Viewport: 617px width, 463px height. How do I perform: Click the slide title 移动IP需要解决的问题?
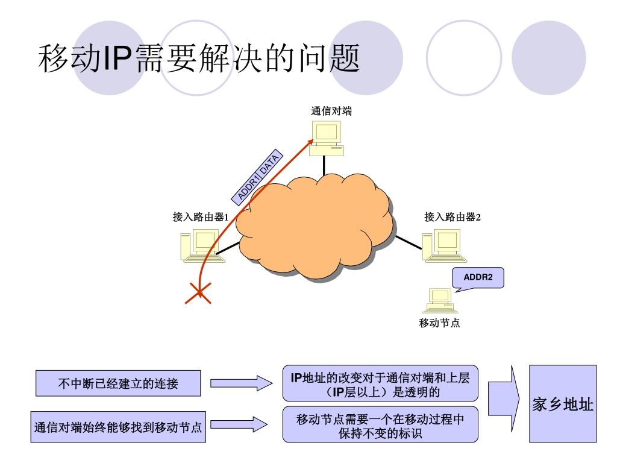coord(199,61)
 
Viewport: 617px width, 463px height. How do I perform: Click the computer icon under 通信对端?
coord(325,137)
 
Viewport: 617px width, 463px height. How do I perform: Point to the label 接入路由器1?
coord(201,217)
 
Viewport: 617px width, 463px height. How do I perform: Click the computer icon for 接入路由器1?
coord(196,246)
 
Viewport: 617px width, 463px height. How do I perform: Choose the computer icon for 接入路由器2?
coord(442,245)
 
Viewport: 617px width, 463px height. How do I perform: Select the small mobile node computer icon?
coord(440,298)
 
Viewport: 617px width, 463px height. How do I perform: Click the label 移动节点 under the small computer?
coord(440,323)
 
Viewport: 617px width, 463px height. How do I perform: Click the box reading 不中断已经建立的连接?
coord(118,383)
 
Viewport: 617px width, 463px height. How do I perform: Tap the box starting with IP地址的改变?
coord(380,383)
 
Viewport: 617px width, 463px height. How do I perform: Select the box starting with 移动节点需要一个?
coord(380,425)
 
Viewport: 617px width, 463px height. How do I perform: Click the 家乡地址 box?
coord(563,403)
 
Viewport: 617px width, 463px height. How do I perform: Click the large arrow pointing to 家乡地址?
coord(504,397)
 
